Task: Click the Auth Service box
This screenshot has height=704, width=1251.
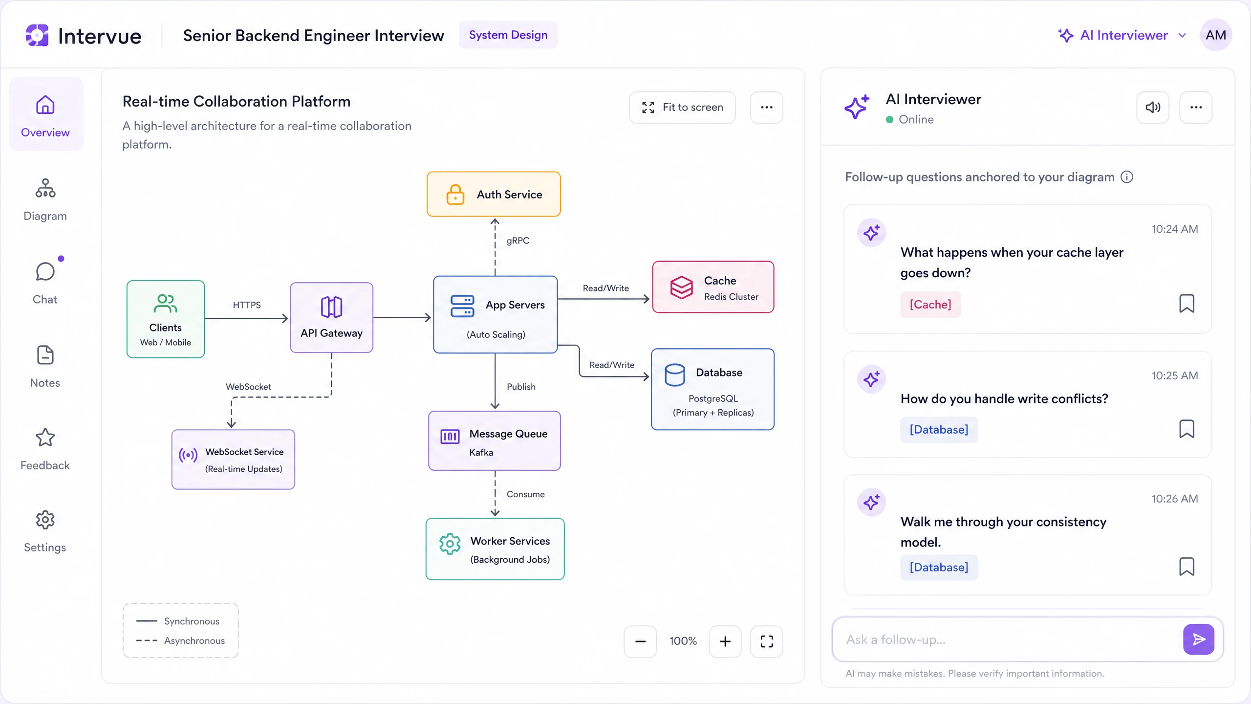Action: coord(494,194)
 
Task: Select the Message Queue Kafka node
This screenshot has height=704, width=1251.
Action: coord(495,441)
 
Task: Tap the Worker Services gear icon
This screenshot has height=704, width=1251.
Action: coord(450,544)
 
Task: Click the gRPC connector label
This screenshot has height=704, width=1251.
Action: coord(518,241)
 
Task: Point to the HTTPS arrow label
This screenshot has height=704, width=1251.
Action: coord(247,305)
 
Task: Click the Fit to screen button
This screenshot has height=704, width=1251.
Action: coord(682,108)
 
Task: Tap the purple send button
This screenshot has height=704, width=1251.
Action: coord(1199,639)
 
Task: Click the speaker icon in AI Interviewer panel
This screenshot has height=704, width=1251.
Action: coord(1153,108)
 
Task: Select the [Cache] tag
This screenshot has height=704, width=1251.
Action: coord(930,305)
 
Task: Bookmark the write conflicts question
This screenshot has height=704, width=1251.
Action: coord(1186,429)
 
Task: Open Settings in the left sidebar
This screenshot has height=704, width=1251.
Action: coord(45,531)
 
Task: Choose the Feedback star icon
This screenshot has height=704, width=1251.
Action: coord(45,438)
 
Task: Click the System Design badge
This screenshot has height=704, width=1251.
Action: coord(508,35)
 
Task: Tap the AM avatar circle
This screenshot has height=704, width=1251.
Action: coord(1216,35)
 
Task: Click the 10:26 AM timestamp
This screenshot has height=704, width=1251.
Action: coord(1175,499)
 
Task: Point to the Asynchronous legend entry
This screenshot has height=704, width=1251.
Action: coord(180,640)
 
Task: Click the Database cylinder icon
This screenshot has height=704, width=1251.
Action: coord(675,375)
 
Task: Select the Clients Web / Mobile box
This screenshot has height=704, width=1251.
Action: coord(166,319)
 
